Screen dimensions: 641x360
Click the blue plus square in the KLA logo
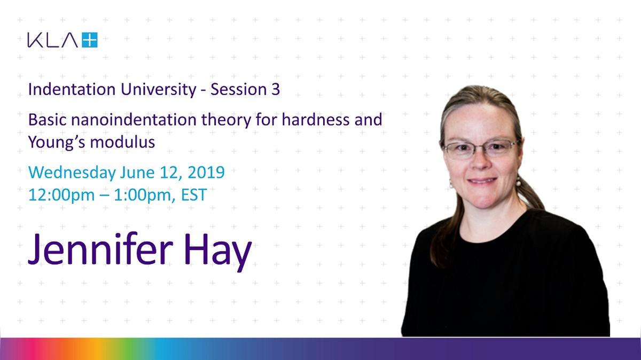[90, 40]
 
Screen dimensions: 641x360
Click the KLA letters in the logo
[53, 40]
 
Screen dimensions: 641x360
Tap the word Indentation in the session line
[72, 89]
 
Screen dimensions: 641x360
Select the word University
[158, 90]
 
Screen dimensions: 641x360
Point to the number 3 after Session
[276, 89]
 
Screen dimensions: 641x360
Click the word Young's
[57, 142]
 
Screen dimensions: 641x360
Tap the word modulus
[122, 142]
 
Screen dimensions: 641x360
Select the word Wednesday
[72, 173]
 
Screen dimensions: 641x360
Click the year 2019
[206, 173]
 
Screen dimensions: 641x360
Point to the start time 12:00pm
[61, 195]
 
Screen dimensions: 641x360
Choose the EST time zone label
[194, 195]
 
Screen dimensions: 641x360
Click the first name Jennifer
[100, 248]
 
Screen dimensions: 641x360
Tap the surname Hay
[217, 251]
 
